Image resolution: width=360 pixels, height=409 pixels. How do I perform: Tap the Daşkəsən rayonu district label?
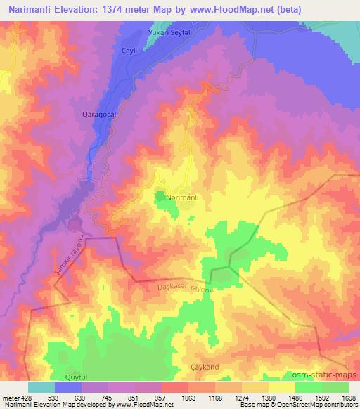pyautogui.click(x=187, y=288)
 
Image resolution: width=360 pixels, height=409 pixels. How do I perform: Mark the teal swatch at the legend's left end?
pyautogui.click(x=41, y=387)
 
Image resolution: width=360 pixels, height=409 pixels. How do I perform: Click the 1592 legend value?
pyautogui.click(x=323, y=398)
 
